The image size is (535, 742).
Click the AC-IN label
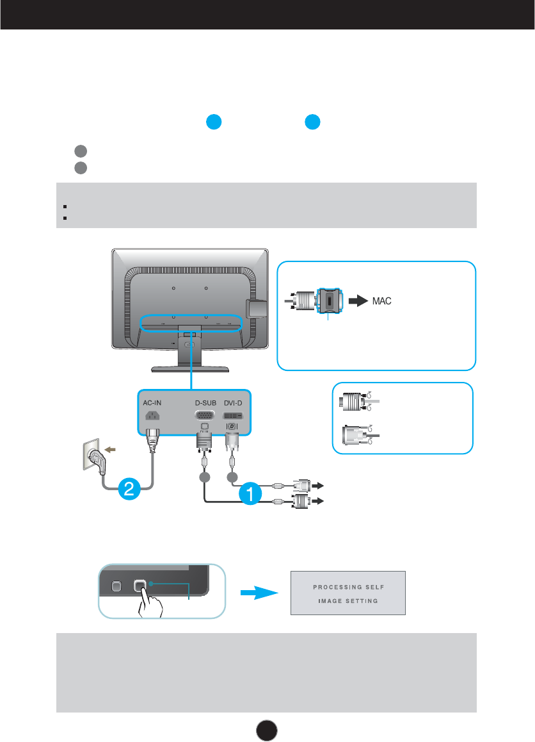[x=152, y=402]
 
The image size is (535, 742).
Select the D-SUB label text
[x=205, y=402]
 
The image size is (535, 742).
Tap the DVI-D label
[x=233, y=402]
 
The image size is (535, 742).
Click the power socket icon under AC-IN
[x=152, y=415]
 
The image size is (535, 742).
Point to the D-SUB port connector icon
[x=205, y=415]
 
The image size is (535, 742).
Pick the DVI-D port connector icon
[x=232, y=415]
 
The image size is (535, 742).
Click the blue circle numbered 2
[x=129, y=488]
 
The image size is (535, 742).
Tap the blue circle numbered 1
[x=250, y=493]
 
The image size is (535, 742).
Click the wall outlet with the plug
[x=93, y=456]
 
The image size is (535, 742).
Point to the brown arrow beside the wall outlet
[x=110, y=450]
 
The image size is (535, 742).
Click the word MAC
[x=381, y=301]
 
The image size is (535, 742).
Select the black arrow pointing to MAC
[x=358, y=301]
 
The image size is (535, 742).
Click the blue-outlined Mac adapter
[x=329, y=301]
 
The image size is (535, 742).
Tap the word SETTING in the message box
[x=362, y=601]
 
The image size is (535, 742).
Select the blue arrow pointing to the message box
[x=259, y=593]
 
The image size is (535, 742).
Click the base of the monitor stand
[x=190, y=368]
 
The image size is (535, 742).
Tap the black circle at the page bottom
[x=267, y=730]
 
